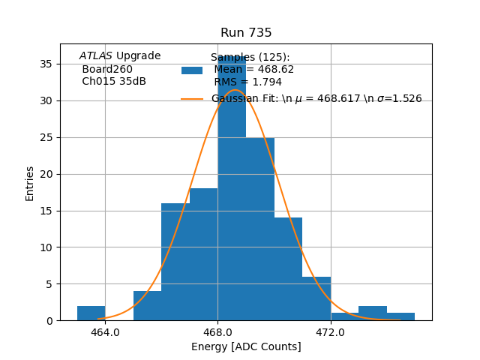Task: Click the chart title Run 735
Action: [246, 33]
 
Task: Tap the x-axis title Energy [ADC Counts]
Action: [246, 346]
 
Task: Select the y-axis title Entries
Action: [30, 183]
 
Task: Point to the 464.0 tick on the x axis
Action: [105, 331]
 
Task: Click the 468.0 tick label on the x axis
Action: [217, 331]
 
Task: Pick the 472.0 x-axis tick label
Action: [330, 331]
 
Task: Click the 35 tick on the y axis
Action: [46, 64]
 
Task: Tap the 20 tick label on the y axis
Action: [46, 174]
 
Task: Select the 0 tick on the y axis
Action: [49, 320]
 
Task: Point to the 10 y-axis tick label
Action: [46, 247]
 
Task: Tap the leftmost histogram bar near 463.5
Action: [91, 313]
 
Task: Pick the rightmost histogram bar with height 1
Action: [400, 316]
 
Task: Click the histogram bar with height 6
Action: [316, 298]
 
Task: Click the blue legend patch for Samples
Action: [192, 70]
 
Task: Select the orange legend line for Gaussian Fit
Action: [192, 99]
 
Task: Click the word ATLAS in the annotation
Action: [96, 56]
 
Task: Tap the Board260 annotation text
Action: [107, 69]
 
